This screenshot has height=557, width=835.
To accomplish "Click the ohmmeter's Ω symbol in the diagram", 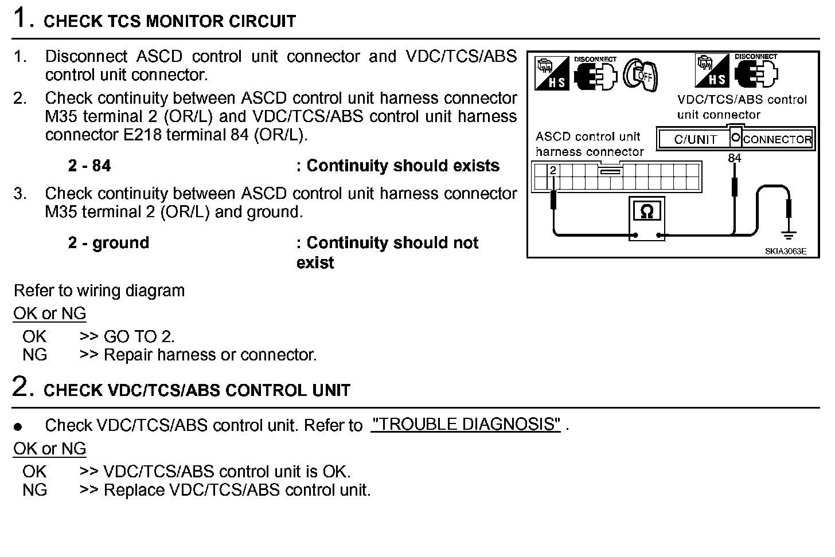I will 646,211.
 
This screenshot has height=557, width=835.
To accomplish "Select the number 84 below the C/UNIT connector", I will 734,158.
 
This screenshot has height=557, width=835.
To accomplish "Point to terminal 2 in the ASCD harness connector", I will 553,171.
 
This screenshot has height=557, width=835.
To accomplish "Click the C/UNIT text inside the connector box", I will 695,139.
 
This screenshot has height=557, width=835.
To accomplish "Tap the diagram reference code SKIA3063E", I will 785,251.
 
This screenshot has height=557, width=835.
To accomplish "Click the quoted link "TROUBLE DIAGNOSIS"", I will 465,425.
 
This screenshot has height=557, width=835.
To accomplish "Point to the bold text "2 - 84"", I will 89,166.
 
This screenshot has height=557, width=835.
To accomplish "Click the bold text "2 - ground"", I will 108,243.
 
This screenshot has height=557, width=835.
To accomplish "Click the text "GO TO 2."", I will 139,336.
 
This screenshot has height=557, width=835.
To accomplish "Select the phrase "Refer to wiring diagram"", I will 99,291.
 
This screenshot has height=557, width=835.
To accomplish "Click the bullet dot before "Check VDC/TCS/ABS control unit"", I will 18,427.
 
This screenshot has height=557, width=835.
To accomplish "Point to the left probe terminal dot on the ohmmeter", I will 635,235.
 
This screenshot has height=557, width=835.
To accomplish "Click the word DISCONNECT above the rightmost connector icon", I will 756,57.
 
